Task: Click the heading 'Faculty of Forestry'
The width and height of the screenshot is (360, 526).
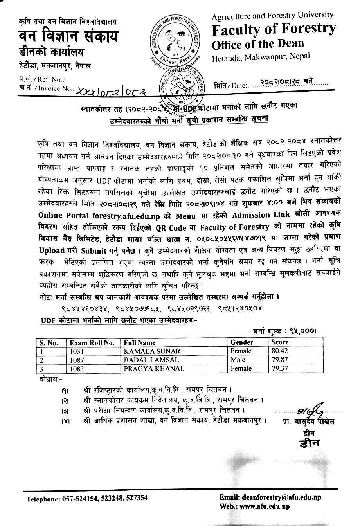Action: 274,29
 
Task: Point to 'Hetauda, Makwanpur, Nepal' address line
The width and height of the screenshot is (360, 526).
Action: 261,58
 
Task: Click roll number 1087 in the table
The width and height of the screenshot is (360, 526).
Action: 77,360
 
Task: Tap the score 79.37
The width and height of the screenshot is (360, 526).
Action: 280,368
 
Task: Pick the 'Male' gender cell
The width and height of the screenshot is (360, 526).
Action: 238,360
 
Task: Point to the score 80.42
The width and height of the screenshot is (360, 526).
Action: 280,351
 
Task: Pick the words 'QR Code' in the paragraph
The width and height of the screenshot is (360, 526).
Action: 223,227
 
